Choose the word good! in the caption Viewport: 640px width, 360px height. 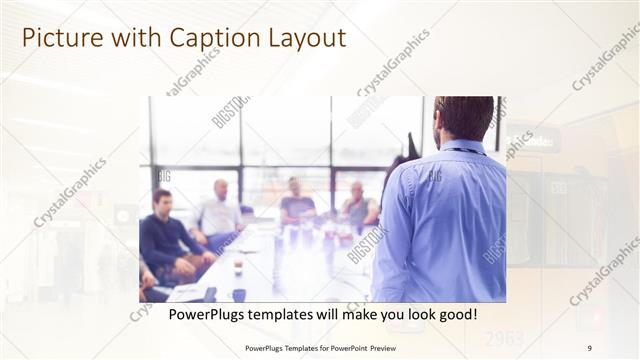tap(455, 314)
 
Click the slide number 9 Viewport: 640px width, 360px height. tap(589, 347)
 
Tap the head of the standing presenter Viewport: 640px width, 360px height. tap(463, 117)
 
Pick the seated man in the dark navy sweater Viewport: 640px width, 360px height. tap(164, 235)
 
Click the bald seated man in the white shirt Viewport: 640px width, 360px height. tap(219, 212)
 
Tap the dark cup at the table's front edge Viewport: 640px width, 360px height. tap(239, 295)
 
